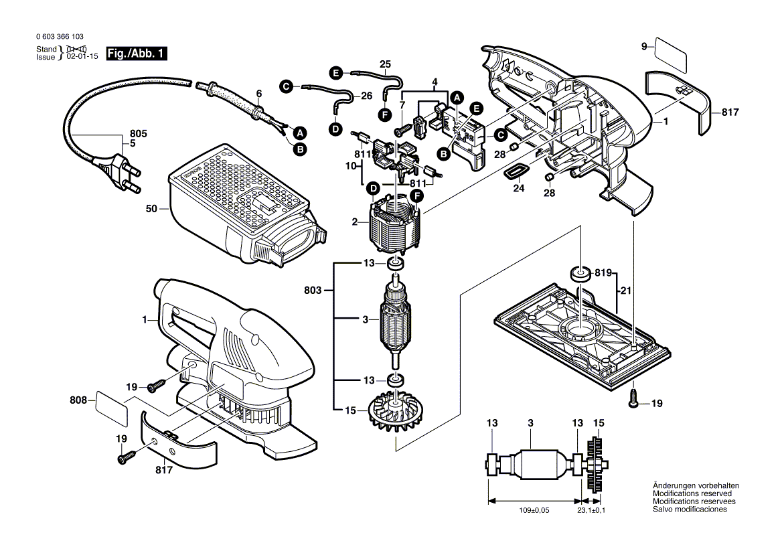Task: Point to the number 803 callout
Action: point(311,291)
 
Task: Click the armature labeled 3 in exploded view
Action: point(394,321)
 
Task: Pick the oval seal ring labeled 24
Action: point(514,171)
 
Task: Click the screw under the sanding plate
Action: point(633,399)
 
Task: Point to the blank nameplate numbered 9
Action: point(671,56)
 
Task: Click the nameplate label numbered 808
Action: point(112,408)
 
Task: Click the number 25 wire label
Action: point(385,64)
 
